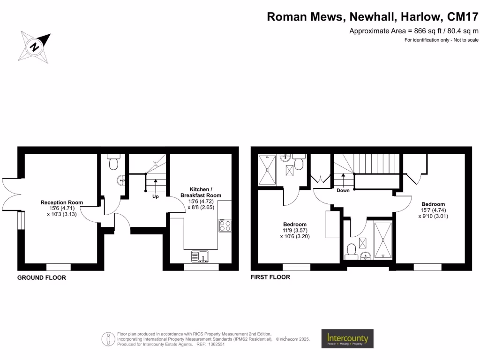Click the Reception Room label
[x=61, y=202]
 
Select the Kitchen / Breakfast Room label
[x=201, y=192]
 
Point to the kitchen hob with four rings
[x=225, y=225]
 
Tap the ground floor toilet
[x=113, y=163]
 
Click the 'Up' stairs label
[x=155, y=196]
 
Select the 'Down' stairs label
[x=343, y=190]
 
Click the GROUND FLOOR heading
[x=42, y=277]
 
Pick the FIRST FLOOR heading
[x=270, y=277]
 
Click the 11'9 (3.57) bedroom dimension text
[x=294, y=230]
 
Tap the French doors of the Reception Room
[x=9, y=194]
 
